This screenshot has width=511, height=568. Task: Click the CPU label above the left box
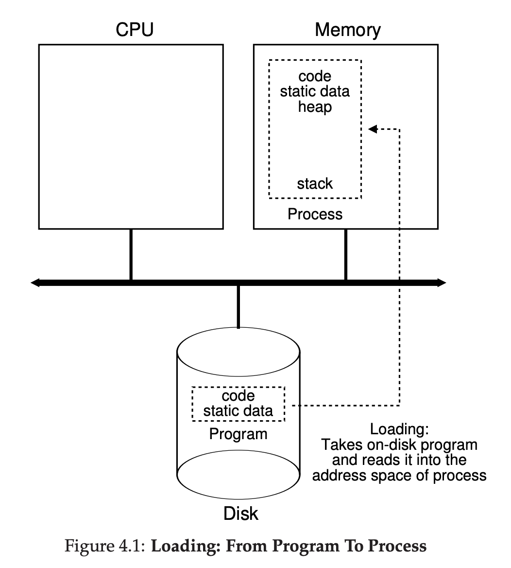134,30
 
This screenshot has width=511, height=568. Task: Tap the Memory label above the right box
347,30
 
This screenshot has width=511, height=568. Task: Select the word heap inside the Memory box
315,106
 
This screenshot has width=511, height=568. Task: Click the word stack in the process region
315,184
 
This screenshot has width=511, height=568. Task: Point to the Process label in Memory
315,214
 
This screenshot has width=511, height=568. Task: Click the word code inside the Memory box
315,76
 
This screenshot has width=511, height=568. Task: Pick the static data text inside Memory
315,91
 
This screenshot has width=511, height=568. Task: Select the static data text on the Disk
238,410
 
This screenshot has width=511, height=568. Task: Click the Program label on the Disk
238,433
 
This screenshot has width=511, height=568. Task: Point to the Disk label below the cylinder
241,514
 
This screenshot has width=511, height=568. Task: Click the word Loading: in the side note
399,429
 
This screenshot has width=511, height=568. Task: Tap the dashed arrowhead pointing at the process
373,129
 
